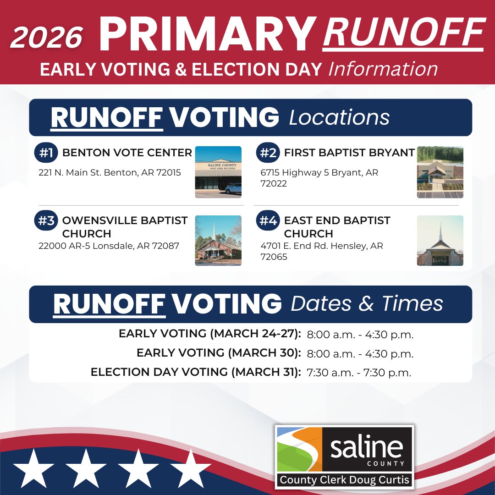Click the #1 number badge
coord(46,153)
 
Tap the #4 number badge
coord(268,221)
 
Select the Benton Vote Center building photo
coord(218,172)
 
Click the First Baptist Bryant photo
coord(440,172)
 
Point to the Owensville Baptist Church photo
coord(218,241)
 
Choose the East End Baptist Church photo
coord(440,241)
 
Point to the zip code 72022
coord(274,184)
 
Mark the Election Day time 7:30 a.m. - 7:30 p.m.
coord(359,373)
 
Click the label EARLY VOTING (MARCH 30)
coord(219,353)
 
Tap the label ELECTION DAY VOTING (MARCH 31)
coord(196,372)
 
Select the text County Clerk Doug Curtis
coord(344,480)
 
